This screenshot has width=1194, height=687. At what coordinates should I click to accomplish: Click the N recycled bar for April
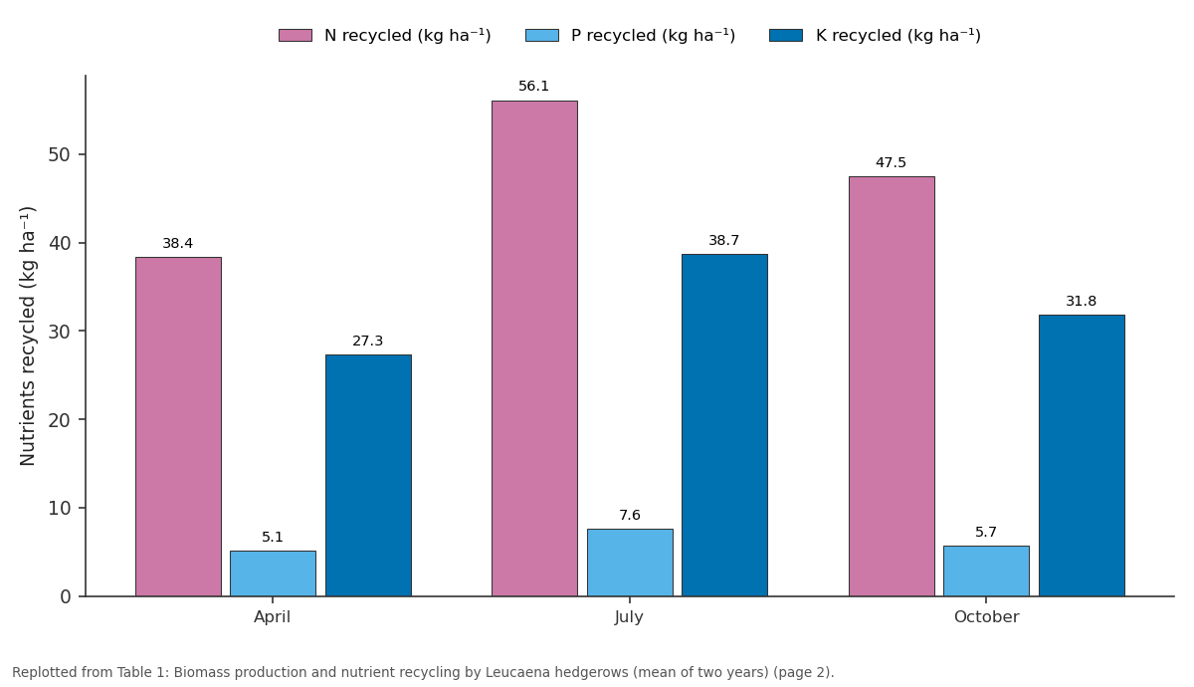click(178, 427)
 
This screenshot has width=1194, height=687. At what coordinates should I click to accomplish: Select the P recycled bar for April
click(273, 573)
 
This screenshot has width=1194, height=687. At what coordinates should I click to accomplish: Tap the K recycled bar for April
click(368, 475)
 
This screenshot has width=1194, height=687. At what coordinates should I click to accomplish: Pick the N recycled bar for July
click(534, 348)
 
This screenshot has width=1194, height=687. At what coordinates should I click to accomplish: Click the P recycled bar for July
click(630, 563)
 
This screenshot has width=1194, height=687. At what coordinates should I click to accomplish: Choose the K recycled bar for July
click(725, 425)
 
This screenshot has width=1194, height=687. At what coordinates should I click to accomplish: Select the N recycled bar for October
click(892, 386)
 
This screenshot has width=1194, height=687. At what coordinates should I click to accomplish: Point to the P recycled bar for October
click(987, 571)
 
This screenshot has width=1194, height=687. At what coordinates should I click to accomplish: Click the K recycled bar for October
click(1083, 456)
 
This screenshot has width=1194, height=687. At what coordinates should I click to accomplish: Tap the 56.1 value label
click(533, 86)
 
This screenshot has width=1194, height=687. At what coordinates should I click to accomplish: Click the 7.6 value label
click(630, 515)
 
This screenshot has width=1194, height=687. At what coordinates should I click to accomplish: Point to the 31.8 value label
click(1081, 301)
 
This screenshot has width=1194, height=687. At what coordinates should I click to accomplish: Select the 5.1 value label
click(273, 537)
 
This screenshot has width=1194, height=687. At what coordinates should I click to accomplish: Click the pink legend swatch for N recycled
click(296, 35)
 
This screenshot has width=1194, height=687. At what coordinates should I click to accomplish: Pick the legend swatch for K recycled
click(786, 35)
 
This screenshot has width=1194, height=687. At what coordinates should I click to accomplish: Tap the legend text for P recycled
click(653, 35)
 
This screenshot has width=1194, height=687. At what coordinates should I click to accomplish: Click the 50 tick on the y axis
click(59, 154)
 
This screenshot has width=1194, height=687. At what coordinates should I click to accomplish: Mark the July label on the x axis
click(629, 617)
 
